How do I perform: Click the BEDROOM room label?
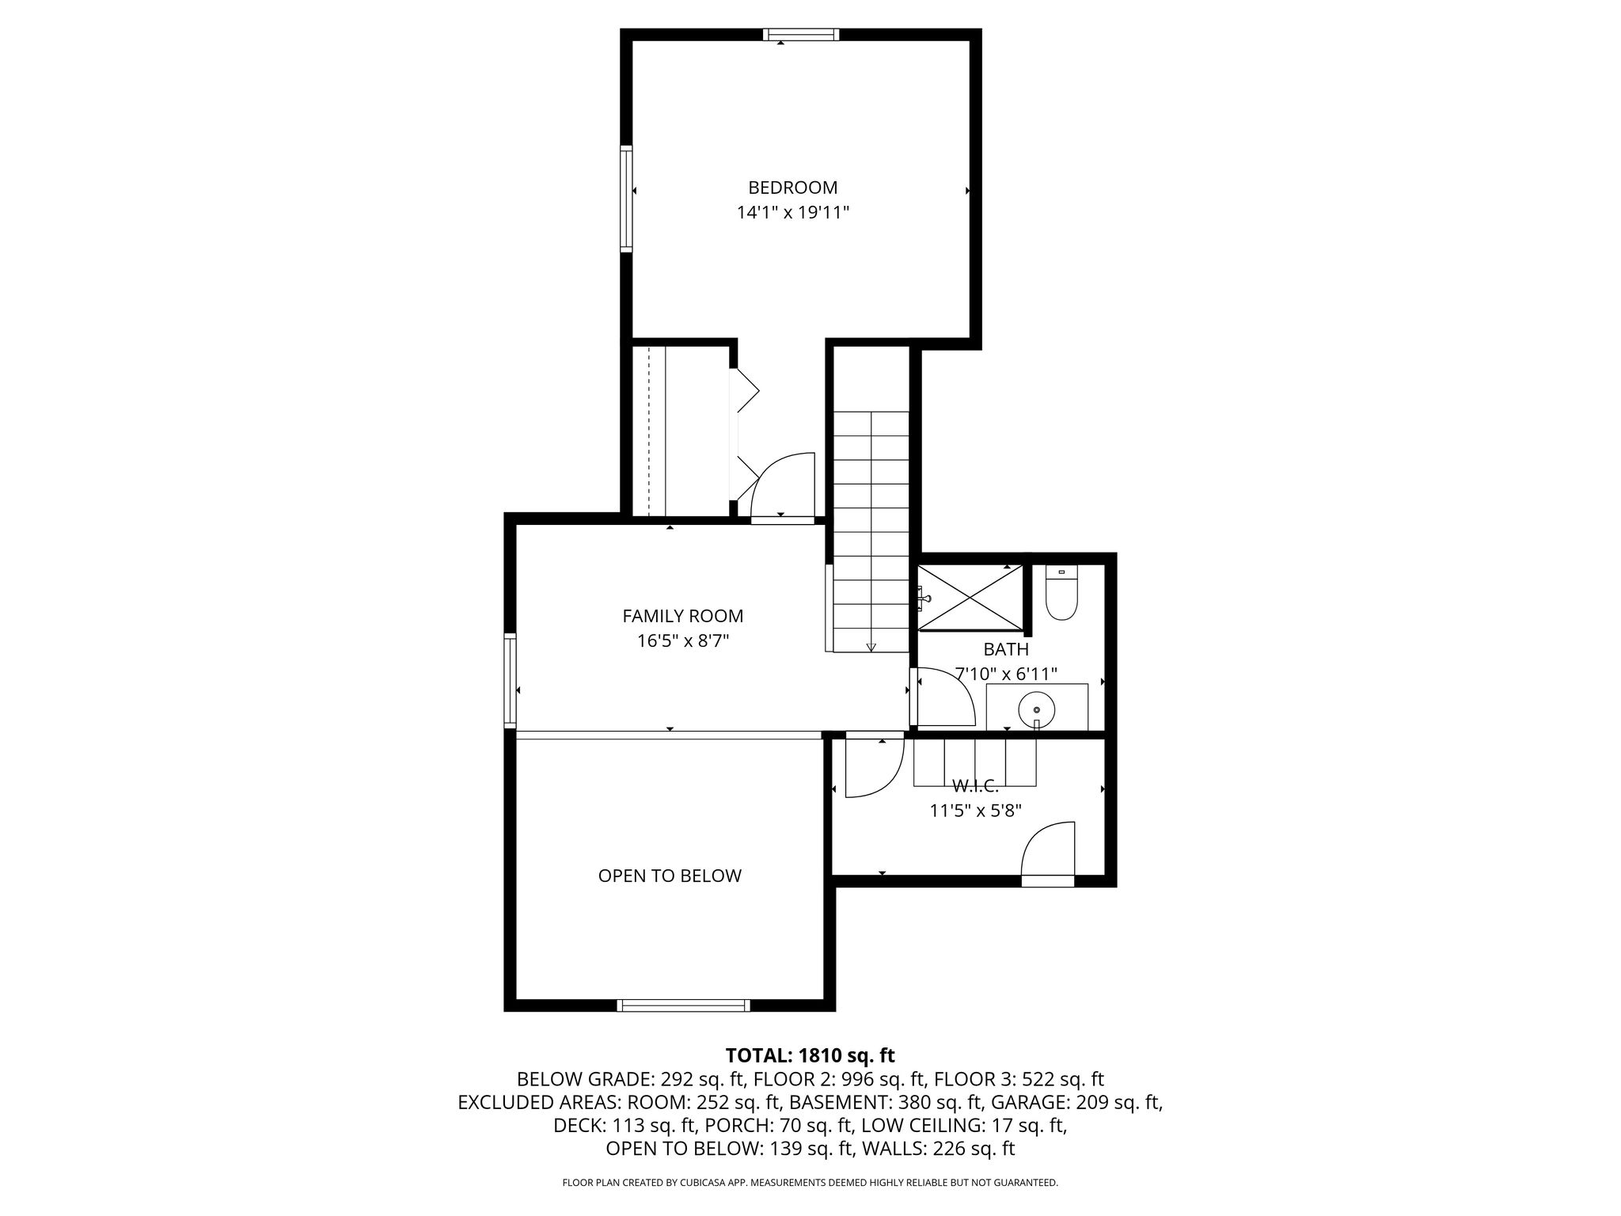(x=792, y=188)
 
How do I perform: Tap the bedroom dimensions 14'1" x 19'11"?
(x=792, y=212)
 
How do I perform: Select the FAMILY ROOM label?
(x=683, y=615)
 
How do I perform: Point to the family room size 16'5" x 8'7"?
(x=683, y=640)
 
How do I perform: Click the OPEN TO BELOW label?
(x=670, y=876)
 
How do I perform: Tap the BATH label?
(x=1006, y=649)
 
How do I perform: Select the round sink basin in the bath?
(x=1036, y=709)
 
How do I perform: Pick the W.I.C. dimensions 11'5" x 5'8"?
(x=976, y=811)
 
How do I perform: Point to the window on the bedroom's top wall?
(x=800, y=34)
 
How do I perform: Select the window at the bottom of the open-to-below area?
(x=683, y=1005)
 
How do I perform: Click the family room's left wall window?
(x=511, y=681)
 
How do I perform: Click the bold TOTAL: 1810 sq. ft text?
(x=810, y=1055)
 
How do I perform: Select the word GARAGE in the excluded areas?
(x=1026, y=1102)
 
